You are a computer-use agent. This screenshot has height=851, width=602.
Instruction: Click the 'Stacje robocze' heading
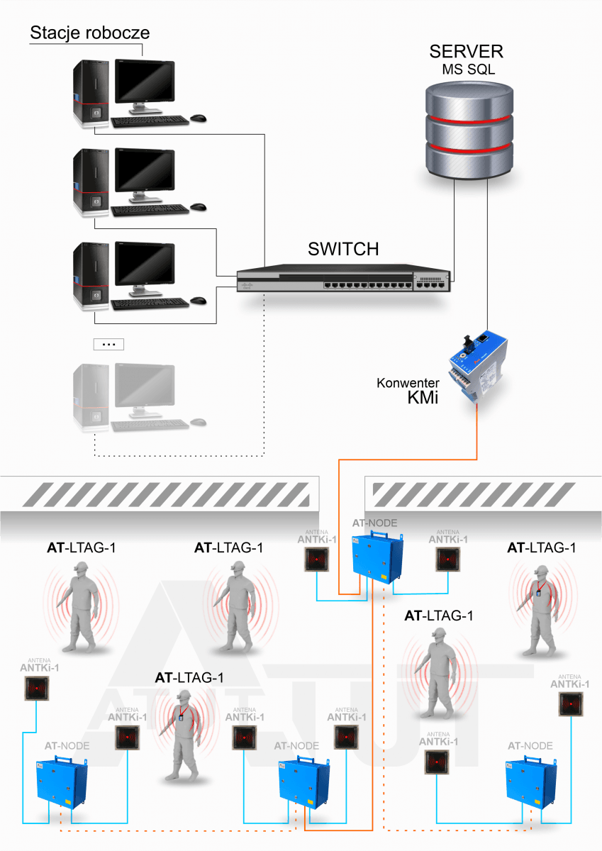click(x=89, y=33)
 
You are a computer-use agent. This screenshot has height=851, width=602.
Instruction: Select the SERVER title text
click(x=466, y=51)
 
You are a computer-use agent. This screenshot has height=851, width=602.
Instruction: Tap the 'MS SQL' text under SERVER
click(x=468, y=69)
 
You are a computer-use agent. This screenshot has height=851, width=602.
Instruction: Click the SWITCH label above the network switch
click(x=343, y=249)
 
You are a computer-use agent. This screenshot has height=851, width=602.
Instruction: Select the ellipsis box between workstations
click(x=108, y=344)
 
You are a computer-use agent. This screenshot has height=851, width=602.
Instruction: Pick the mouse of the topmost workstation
click(x=199, y=118)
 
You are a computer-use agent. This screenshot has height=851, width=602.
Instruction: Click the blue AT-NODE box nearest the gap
click(x=377, y=557)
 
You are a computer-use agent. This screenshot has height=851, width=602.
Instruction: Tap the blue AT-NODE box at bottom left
click(x=62, y=782)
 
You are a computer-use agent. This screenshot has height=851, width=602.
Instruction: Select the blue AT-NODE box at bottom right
click(x=531, y=782)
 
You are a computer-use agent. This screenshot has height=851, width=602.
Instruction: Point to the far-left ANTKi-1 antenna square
click(x=37, y=688)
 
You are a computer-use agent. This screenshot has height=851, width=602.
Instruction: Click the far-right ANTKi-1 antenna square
click(x=571, y=704)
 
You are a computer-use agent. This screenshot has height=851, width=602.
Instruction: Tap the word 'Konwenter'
click(x=408, y=383)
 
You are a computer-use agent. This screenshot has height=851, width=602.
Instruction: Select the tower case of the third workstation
click(x=91, y=275)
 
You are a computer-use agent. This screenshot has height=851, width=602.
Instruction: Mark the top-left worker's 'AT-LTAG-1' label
click(x=82, y=547)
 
